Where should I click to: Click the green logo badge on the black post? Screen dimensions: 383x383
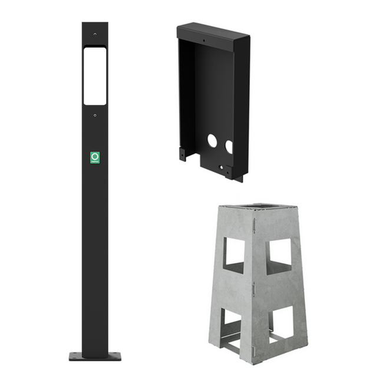[x=95, y=157]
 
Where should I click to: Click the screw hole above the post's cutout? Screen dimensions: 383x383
[x=95, y=34]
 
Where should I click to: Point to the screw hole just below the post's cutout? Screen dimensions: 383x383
[x=95, y=115]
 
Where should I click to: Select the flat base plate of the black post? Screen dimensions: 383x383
[x=95, y=356]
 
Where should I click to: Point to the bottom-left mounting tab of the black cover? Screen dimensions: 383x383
[x=183, y=155]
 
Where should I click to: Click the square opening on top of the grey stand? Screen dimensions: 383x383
[x=259, y=207]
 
